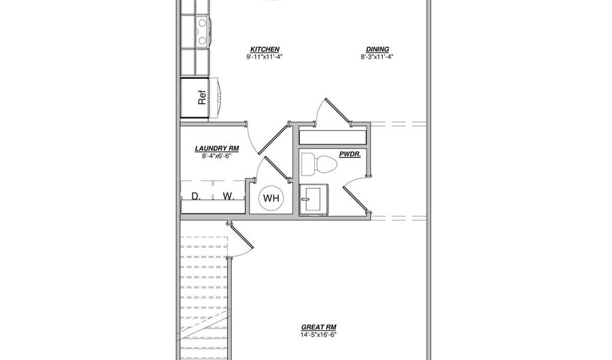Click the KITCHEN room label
point(265,50)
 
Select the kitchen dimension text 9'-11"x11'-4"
point(265,58)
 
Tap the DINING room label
point(377,50)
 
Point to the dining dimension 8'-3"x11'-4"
point(377,58)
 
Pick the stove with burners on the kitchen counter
point(202,30)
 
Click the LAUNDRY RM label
point(216,148)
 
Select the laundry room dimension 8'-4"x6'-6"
point(216,156)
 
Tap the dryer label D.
point(195,197)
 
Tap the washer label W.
point(228,197)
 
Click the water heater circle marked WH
point(271,199)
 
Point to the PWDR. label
point(349,154)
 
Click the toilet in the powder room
point(320,164)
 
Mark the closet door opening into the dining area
point(332,112)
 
